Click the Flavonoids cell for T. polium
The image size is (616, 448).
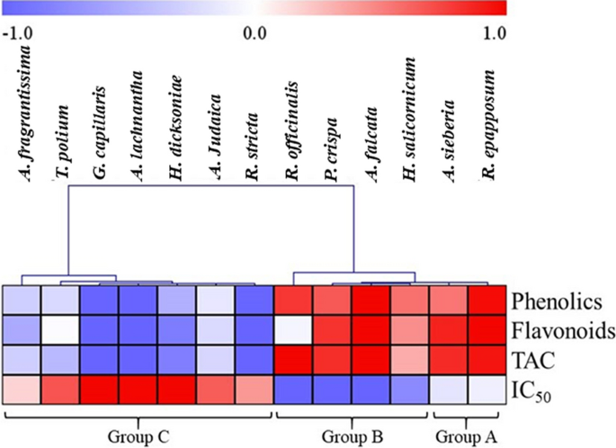click(x=60, y=330)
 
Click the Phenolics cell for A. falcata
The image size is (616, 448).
click(x=370, y=300)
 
